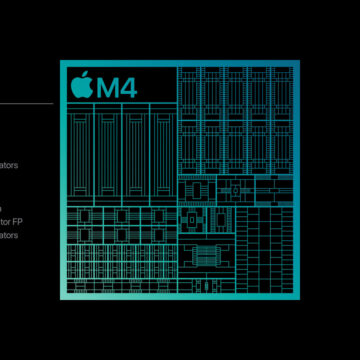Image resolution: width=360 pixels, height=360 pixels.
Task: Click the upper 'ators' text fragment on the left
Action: [9, 166]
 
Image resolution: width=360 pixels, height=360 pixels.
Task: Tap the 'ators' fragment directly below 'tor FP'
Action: [9, 235]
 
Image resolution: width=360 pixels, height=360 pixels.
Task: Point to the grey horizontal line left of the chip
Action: [26, 103]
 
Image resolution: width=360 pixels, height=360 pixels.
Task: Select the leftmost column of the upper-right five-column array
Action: [189, 120]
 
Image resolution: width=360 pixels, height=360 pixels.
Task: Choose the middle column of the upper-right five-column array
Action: [235, 120]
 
